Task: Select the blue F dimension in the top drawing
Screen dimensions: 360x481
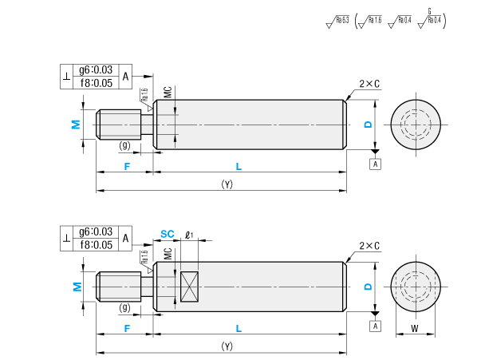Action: tap(126, 165)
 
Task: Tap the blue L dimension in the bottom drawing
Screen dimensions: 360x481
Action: tap(239, 327)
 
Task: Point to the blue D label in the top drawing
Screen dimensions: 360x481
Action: tap(368, 124)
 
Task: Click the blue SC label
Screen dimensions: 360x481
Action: tap(167, 234)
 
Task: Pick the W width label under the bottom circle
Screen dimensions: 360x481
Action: tap(414, 328)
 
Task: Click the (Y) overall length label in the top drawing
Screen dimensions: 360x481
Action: tap(227, 184)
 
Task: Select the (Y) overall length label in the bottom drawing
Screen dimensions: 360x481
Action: tap(227, 346)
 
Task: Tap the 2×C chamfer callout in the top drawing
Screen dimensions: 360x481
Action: tap(369, 84)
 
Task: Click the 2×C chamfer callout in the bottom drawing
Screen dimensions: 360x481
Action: tap(369, 246)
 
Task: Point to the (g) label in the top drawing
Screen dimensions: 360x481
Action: tap(124, 145)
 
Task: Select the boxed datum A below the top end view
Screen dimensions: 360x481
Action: tap(376, 164)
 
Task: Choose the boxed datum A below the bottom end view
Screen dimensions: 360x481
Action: tap(376, 326)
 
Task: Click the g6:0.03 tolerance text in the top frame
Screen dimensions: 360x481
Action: tap(96, 70)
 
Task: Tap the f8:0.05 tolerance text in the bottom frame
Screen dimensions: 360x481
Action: tap(96, 244)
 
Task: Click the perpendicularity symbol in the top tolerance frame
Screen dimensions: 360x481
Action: tap(66, 77)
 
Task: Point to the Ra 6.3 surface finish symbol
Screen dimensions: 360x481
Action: tap(339, 21)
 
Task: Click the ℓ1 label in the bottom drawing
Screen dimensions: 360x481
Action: tap(190, 235)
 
